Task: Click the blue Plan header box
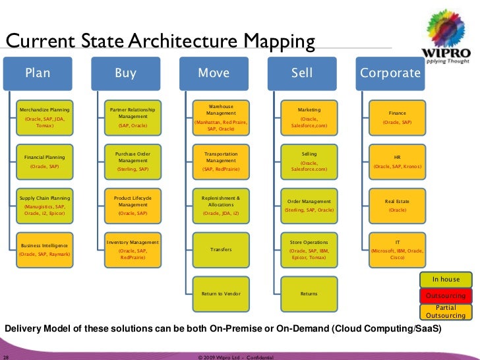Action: coord(38,73)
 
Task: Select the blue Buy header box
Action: coord(125,73)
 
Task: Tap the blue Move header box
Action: coord(214,73)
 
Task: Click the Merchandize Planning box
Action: coord(45,117)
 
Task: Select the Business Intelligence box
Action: coord(45,249)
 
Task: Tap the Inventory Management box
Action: coord(133,250)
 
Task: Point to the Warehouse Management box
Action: coord(220,117)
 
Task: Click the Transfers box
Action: coord(220,249)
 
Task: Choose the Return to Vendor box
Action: coord(220,293)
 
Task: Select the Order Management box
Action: coord(309,205)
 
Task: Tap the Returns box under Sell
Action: coord(309,293)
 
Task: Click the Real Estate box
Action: coord(397,205)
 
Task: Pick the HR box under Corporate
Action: coord(397,162)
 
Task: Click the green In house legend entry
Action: coord(446,280)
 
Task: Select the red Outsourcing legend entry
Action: coord(446,295)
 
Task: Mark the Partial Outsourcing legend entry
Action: coord(446,311)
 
